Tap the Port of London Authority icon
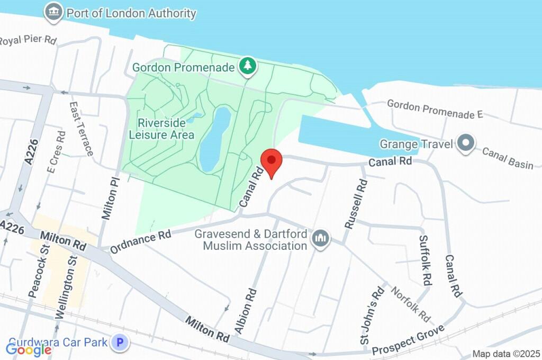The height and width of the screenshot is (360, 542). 53,13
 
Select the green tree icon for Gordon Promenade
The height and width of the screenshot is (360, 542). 247,66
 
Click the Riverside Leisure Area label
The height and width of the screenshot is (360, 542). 161,129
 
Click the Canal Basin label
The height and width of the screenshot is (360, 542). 508,158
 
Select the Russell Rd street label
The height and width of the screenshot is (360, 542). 356,203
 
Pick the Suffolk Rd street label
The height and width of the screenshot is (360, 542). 426,260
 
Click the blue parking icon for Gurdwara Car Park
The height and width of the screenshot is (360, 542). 121,343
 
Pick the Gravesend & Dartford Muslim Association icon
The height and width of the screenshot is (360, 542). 320,239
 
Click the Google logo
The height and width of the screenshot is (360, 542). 29,349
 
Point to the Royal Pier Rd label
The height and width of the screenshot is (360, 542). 28,40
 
